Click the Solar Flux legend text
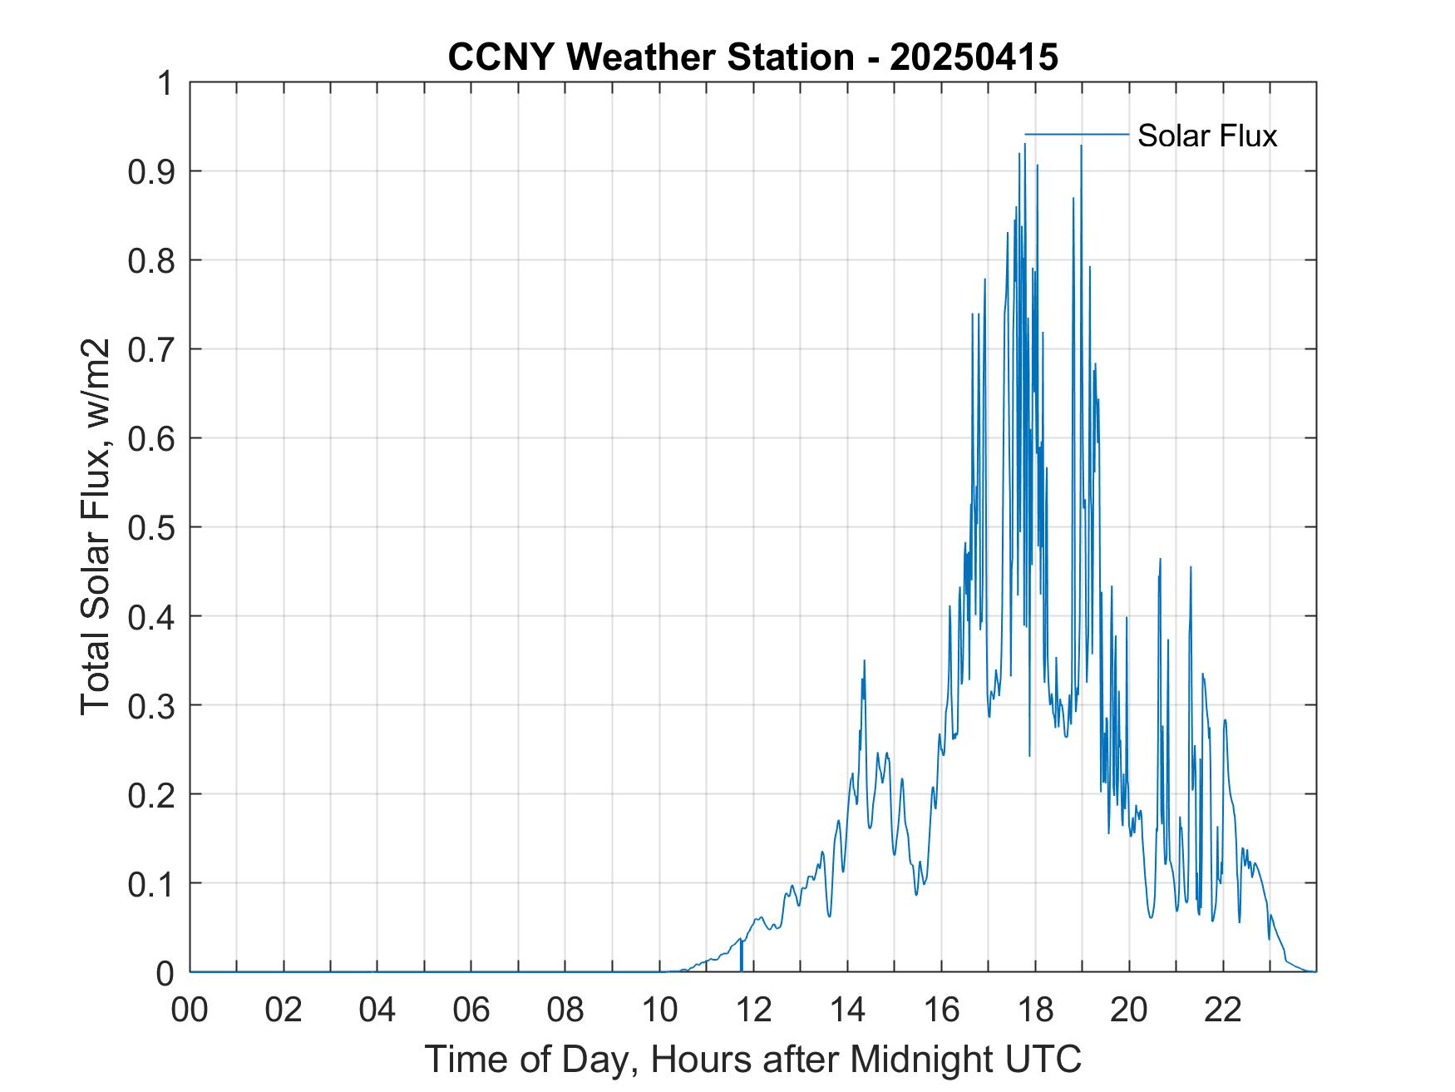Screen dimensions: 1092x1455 (x=1206, y=136)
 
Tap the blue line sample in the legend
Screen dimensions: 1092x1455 (x=1076, y=134)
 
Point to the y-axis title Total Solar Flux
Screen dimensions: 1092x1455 (x=96, y=526)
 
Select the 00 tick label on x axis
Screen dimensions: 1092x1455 (x=190, y=1010)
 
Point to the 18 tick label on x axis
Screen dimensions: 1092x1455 (x=1035, y=1010)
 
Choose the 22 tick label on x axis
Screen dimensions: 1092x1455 (x=1223, y=1010)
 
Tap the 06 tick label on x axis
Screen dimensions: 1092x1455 (x=471, y=1010)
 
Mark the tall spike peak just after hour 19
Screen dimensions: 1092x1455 (x=1081, y=146)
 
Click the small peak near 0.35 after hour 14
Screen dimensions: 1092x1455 (x=865, y=661)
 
